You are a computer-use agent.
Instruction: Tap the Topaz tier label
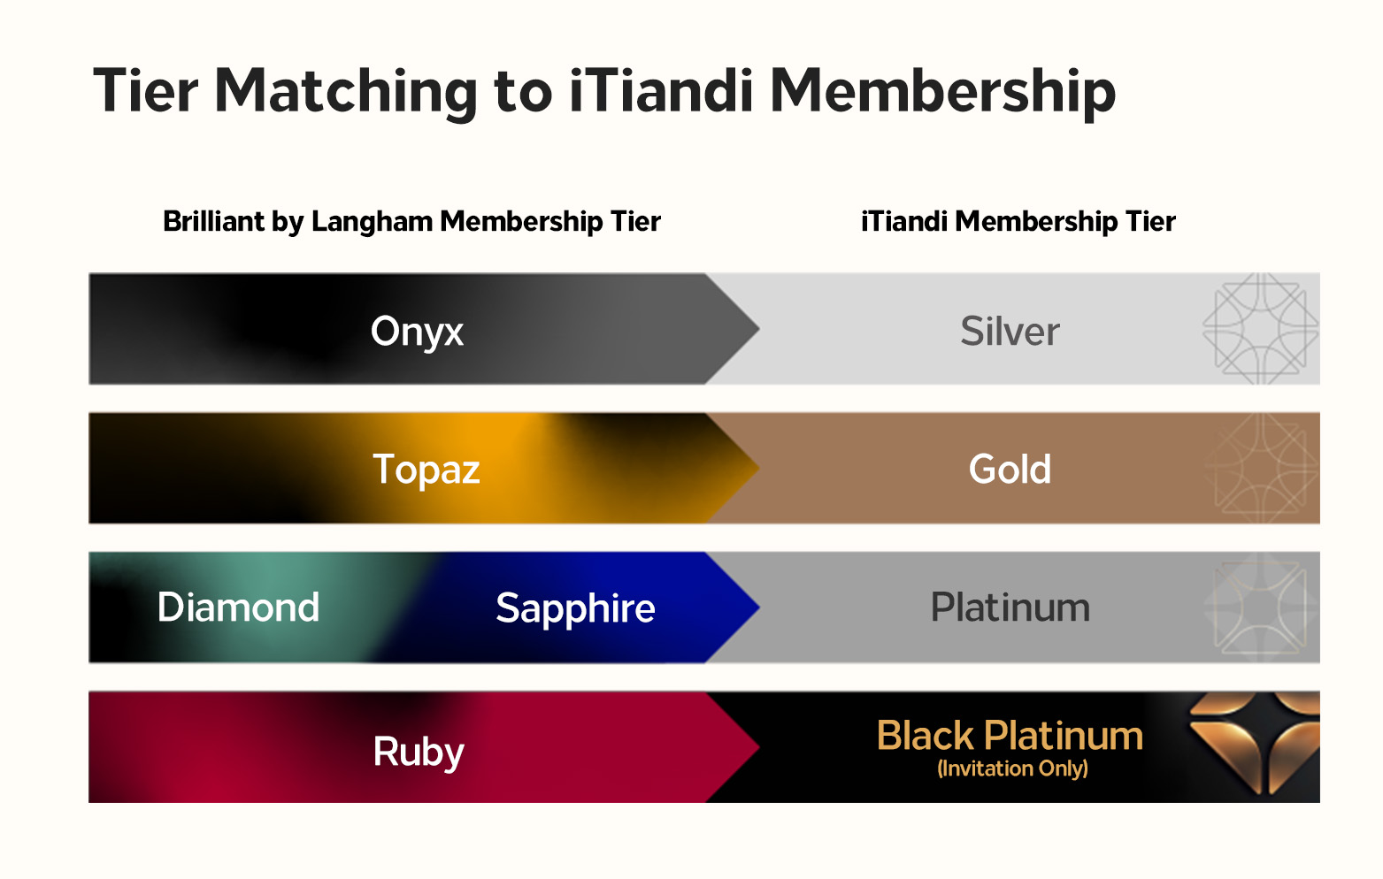426,470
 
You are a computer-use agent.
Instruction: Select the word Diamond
238,607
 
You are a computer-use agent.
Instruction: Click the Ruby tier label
418,752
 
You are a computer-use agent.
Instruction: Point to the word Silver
1010,332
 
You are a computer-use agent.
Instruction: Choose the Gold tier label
1010,469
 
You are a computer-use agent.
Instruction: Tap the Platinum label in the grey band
1010,607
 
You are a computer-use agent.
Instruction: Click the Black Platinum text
1010,735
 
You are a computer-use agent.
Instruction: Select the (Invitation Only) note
1012,768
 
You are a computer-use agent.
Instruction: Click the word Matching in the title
346,93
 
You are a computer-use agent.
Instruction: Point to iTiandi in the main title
661,91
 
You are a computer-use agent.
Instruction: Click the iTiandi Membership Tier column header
1018,221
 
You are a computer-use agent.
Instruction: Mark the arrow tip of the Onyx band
759,329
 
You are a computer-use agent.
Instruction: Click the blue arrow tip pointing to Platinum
759,608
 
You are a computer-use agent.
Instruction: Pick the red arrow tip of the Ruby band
759,747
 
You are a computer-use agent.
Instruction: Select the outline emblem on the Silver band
1261,329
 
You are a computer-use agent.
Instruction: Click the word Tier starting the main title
146,91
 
